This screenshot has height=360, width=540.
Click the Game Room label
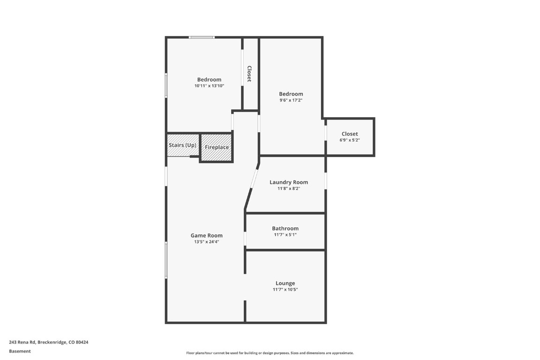click(206, 236)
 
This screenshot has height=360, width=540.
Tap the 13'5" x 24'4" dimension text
click(206, 242)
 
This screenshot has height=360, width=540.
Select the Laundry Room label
click(289, 182)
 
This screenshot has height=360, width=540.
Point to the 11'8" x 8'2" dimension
click(289, 189)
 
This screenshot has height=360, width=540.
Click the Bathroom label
click(285, 229)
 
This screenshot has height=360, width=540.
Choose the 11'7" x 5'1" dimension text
click(285, 235)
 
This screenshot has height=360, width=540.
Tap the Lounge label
click(285, 283)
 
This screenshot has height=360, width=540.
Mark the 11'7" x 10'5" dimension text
click(285, 290)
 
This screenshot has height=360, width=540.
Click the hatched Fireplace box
click(217, 148)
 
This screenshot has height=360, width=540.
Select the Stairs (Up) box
click(183, 145)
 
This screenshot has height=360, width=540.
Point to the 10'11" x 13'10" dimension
click(209, 86)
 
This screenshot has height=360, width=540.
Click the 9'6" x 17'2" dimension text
click(291, 100)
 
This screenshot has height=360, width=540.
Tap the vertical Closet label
click(249, 74)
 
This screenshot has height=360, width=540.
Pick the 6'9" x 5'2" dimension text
click(350, 140)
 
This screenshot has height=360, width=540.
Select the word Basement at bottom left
click(20, 351)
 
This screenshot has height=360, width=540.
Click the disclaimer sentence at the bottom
click(270, 353)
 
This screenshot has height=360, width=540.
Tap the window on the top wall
click(202, 37)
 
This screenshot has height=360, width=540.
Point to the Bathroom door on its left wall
click(245, 239)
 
